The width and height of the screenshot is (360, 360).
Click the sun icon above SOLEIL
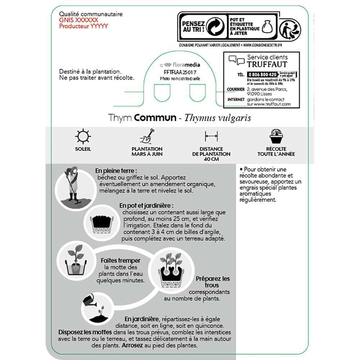click(x=83, y=136)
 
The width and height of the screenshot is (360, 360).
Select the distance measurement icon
click(x=211, y=136)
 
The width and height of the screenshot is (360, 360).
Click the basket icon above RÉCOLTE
click(x=276, y=136)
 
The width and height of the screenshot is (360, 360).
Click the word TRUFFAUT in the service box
click(x=267, y=64)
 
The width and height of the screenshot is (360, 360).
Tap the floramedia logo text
click(x=186, y=65)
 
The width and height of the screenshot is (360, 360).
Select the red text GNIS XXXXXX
click(x=78, y=20)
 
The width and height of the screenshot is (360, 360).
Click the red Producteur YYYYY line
click(x=84, y=26)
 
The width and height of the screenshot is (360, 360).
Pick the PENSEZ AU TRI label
click(x=193, y=26)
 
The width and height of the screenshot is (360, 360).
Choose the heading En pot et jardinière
click(x=147, y=206)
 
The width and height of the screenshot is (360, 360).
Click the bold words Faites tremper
click(x=121, y=261)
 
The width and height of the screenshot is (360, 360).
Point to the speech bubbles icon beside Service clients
click(x=237, y=60)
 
